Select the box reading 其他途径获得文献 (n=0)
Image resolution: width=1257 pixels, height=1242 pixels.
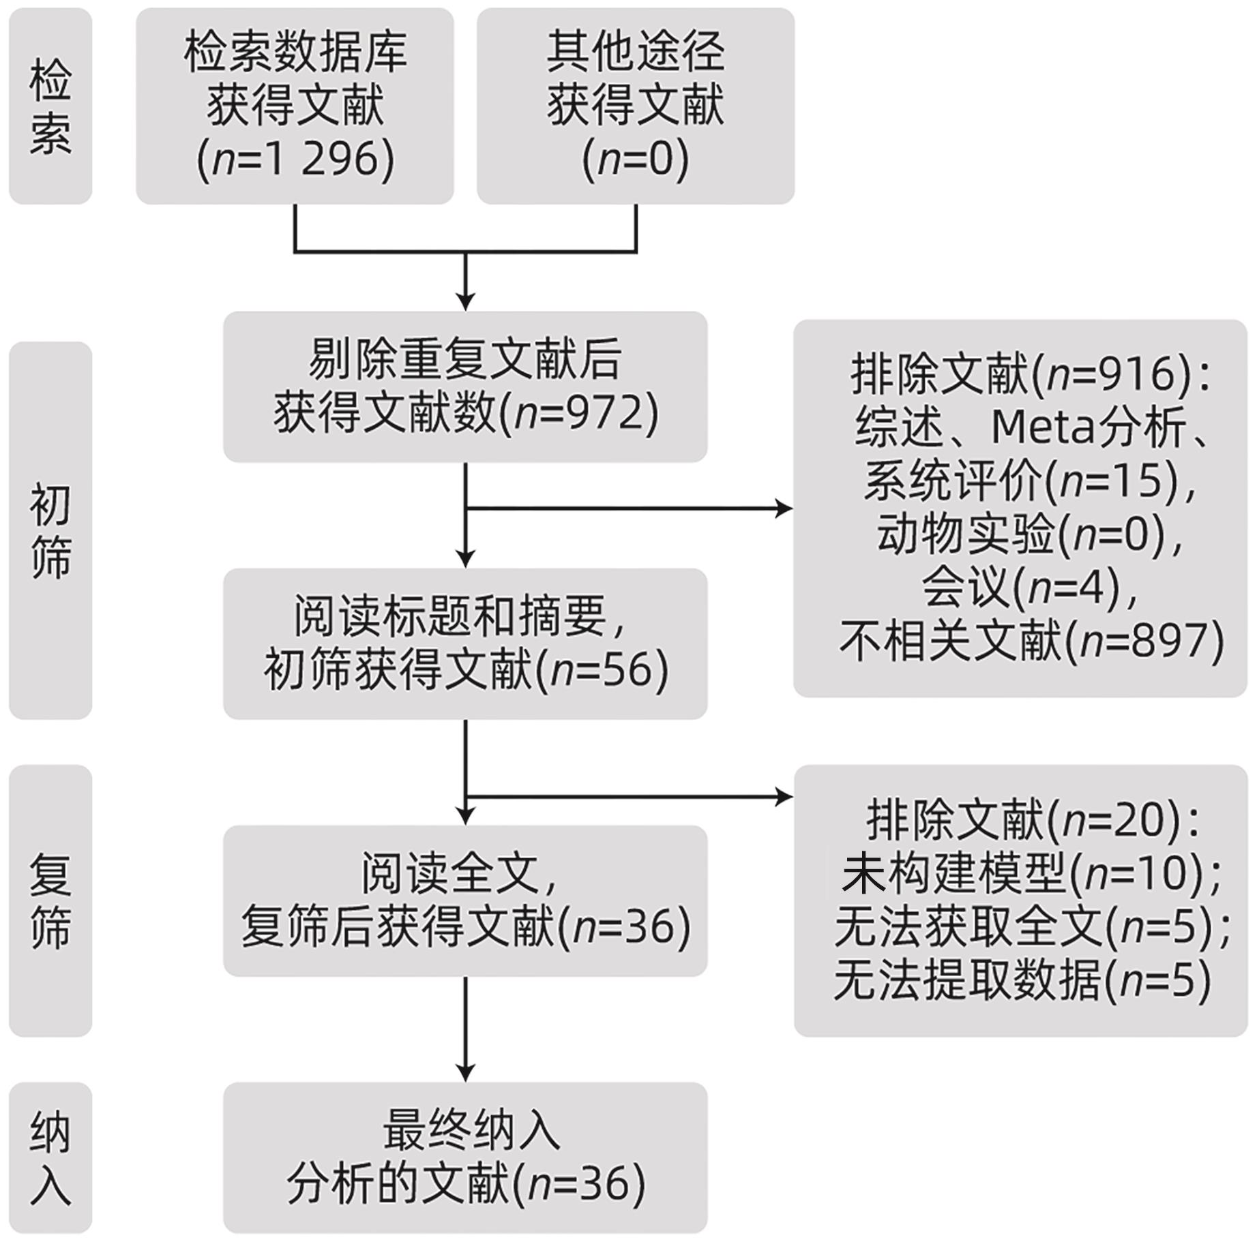635,106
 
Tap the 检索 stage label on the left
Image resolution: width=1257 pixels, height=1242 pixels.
50,106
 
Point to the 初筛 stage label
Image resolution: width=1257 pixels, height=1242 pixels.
50,530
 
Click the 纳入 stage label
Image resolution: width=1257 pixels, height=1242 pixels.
50,1157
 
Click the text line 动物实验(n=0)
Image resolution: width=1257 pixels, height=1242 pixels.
1029,534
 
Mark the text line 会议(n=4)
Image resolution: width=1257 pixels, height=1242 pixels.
1029,588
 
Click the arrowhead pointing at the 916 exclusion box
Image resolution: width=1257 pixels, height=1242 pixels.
784,509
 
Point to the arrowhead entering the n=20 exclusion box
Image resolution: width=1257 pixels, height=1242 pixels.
784,796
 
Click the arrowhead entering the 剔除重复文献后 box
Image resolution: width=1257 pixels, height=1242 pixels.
465,302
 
